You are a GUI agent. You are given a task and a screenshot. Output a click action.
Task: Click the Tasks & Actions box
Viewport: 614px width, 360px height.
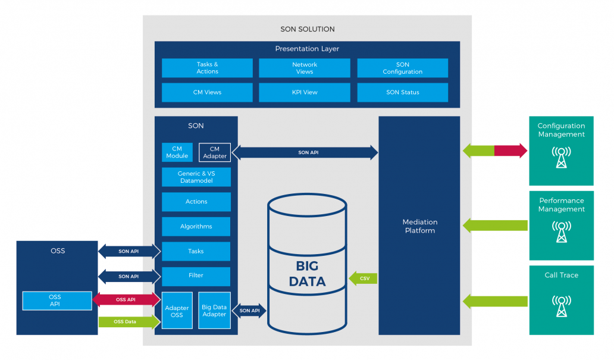[x=207, y=68]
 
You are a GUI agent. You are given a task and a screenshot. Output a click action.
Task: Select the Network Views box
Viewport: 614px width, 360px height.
[x=304, y=68]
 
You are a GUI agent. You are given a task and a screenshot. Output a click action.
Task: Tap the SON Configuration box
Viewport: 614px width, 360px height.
[x=402, y=68]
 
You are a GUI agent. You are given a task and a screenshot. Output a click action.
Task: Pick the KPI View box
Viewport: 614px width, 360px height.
[x=304, y=92]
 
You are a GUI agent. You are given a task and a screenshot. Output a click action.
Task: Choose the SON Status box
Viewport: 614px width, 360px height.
[x=402, y=92]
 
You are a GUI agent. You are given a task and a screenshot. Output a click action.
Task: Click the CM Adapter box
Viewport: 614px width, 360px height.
[x=215, y=152]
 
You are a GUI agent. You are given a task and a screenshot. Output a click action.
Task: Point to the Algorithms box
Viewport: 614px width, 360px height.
[x=196, y=227]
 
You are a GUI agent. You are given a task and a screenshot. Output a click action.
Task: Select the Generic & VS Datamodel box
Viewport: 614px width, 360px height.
[x=196, y=177]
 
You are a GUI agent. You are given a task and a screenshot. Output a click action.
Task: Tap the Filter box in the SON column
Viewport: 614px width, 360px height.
[x=196, y=276]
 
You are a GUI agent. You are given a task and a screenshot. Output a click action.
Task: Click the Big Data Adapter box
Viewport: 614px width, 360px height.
[x=214, y=311]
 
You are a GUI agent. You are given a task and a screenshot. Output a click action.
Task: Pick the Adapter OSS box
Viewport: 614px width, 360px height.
[x=177, y=311]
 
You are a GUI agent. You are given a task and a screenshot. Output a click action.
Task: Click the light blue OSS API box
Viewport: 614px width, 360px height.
[x=57, y=300]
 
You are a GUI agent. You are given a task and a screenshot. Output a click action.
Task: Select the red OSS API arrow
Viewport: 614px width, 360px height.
[x=127, y=300]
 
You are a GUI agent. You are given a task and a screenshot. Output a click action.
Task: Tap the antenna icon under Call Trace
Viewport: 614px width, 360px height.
[x=561, y=304]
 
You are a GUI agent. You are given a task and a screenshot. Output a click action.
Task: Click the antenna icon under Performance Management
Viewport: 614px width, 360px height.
[x=561, y=231]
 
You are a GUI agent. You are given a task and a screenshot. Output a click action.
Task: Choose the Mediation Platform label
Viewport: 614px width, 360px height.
[x=419, y=226]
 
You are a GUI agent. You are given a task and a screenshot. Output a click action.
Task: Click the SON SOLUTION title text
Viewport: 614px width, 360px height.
[x=307, y=29]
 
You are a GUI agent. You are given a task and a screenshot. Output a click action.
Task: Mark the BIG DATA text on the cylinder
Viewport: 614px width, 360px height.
[x=307, y=273]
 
